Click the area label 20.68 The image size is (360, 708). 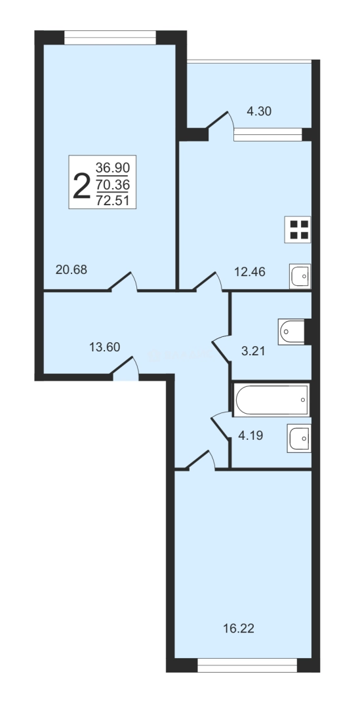pos(71,269)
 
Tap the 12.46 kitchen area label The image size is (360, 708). pos(249,272)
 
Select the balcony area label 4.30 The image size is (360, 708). pos(259,111)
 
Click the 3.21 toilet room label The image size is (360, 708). pos(253,351)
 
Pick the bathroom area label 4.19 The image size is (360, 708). pos(250,435)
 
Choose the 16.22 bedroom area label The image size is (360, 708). pos(239,628)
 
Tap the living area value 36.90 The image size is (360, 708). pos(113,168)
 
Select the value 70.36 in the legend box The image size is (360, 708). pos(113,184)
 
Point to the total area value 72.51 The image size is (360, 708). pos(113,201)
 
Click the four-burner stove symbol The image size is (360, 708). pos(298,229)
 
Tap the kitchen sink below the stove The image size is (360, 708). pos(300,276)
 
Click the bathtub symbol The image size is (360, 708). pos(271,400)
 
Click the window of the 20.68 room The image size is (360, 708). pos(110,37)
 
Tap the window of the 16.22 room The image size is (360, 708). pos(247,665)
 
